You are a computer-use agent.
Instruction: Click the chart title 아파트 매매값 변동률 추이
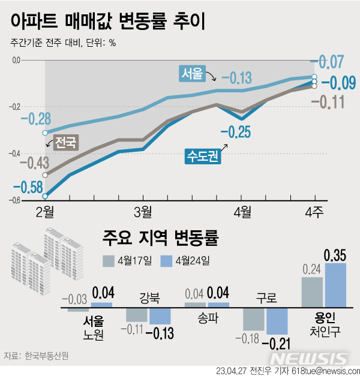[108, 22]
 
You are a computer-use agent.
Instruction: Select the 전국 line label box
[65, 143]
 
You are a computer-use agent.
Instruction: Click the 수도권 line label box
[202, 157]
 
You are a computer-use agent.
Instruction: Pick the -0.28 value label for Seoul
[35, 119]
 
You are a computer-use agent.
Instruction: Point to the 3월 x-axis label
[142, 212]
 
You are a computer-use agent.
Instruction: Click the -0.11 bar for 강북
[136, 315]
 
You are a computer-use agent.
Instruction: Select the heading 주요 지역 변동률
[161, 237]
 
